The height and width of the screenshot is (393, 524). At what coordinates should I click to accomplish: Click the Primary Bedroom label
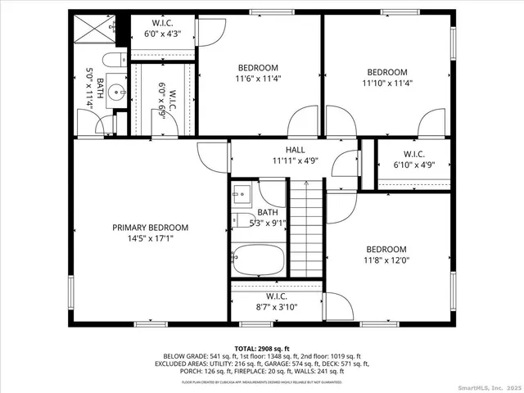151,228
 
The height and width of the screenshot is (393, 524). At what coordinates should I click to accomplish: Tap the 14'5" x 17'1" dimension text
151,239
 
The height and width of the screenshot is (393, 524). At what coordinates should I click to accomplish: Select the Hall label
295,150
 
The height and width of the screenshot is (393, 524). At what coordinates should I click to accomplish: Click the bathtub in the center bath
258,261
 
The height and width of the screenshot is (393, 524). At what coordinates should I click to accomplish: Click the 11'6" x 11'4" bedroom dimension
258,79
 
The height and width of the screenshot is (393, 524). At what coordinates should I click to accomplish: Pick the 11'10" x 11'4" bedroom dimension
386,83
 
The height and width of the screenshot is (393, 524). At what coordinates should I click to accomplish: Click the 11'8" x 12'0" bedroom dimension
386,260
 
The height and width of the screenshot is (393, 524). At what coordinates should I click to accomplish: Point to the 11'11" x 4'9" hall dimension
295,161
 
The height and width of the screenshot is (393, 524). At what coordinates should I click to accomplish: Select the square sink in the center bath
242,194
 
